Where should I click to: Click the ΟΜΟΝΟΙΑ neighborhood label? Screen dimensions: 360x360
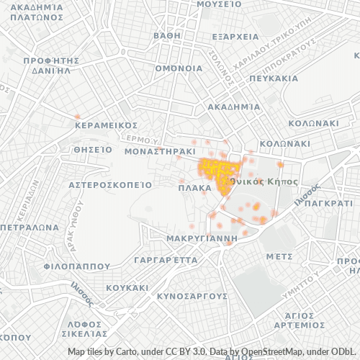[x=179, y=68]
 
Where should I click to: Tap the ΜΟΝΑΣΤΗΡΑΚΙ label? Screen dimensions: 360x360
[x=161, y=153]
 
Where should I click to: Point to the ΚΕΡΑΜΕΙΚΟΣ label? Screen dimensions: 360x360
[x=106, y=125]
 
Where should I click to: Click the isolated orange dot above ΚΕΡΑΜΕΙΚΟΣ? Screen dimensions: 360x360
[x=78, y=115]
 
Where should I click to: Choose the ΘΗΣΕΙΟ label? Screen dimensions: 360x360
[x=93, y=150]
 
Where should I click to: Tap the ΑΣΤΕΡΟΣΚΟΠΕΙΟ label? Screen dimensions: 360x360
[x=109, y=184]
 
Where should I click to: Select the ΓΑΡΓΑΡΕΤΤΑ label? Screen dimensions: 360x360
[x=161, y=258]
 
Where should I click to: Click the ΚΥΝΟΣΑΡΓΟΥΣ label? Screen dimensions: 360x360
[x=192, y=295]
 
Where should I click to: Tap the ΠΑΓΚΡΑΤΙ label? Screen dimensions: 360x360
[x=328, y=204]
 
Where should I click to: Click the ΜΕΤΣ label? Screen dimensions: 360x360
[x=279, y=256]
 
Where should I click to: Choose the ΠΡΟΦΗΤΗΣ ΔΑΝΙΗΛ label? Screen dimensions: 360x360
[x=50, y=66]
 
